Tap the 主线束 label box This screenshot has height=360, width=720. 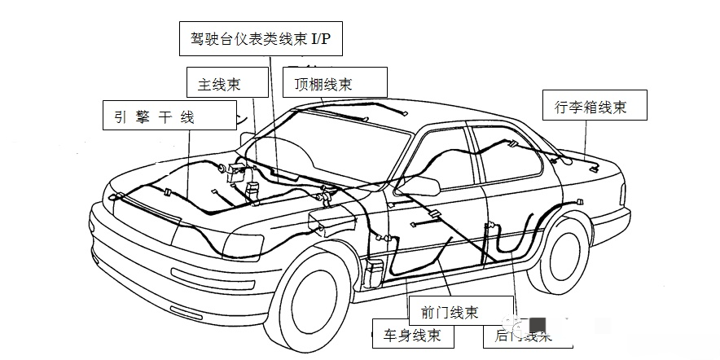[x=221, y=83]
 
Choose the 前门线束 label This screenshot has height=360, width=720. [x=450, y=312]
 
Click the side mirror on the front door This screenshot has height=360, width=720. [x=417, y=187]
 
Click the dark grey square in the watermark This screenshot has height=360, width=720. [x=538, y=325]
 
